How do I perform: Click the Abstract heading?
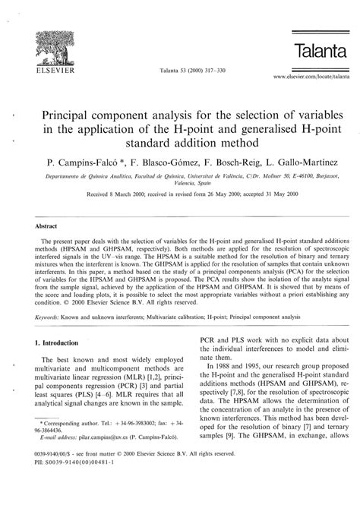click(x=47, y=226)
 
